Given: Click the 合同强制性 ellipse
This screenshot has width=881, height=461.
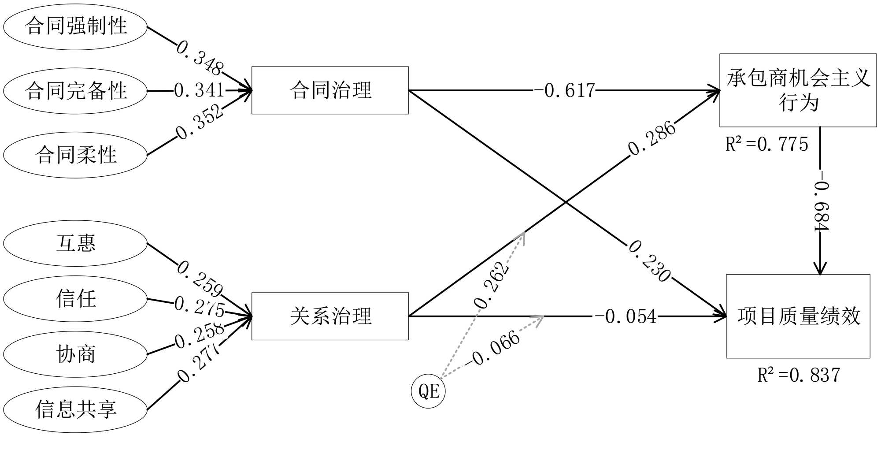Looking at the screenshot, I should tap(75, 26).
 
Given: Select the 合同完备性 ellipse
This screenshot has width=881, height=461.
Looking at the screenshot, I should tap(75, 91).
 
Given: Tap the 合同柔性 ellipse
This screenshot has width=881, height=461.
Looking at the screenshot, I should tap(75, 155).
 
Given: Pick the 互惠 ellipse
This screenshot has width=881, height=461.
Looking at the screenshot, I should tap(75, 243).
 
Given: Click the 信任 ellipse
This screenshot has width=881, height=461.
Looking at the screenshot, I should tap(75, 299).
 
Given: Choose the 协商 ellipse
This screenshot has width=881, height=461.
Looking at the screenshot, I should tap(75, 354).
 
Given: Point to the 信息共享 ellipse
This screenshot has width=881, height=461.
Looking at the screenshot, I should tap(75, 410).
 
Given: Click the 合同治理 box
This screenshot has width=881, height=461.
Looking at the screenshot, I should tap(330, 90).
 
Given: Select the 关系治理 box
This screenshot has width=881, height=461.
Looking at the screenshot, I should tap(330, 316).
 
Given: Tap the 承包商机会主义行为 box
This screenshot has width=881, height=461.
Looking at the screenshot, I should tap(798, 90).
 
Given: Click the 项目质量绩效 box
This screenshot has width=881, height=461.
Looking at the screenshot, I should tap(798, 316).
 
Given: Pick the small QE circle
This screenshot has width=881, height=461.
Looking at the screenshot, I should tap(428, 391).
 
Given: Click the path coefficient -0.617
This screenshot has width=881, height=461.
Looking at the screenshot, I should tap(564, 91).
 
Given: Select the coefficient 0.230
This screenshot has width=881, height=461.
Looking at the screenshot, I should tap(649, 261).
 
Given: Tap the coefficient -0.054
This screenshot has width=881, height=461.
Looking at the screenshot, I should tap(626, 316).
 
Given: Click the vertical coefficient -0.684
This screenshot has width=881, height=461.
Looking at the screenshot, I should tap(821, 206).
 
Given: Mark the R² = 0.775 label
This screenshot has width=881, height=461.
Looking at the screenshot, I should tap(766, 145).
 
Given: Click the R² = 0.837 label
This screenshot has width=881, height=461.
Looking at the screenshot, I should tap(798, 375).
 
